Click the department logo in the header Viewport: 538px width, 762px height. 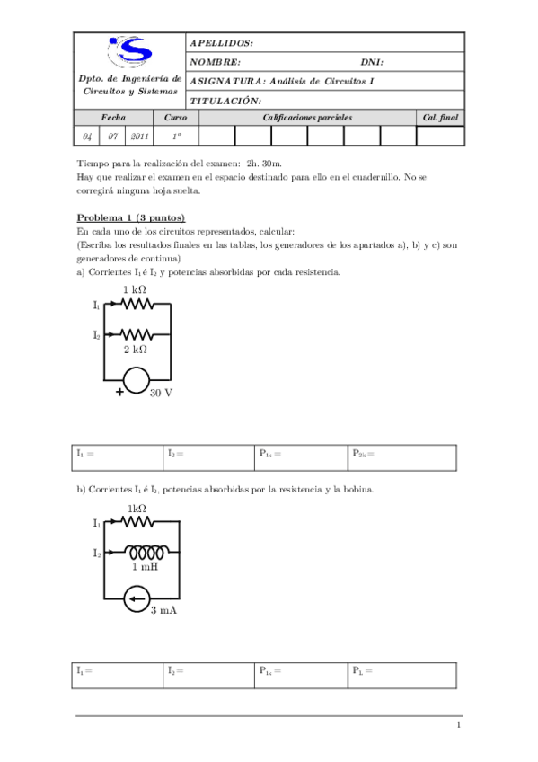129,53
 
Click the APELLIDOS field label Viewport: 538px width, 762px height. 221,43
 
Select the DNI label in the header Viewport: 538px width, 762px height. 372,63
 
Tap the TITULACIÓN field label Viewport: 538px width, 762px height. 225,101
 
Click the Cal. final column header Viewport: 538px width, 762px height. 440,118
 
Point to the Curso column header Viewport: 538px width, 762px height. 176,118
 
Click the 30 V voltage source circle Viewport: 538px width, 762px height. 137,380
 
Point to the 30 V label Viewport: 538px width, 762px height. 162,394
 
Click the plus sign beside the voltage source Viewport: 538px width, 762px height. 118,392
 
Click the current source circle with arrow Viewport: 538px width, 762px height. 137,597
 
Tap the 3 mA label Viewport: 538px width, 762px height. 163,611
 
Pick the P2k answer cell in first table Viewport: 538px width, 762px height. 403,456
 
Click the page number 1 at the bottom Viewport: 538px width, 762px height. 458,726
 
